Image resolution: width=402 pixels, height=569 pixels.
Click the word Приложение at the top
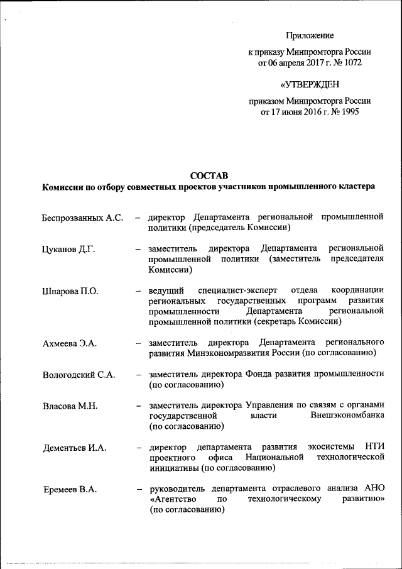pyautogui.click(x=310, y=36)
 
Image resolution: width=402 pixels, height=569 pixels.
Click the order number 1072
pyautogui.click(x=351, y=63)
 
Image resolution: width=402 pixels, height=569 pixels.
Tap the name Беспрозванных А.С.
pyautogui.click(x=82, y=218)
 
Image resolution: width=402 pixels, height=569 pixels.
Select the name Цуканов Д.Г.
pyautogui.click(x=68, y=249)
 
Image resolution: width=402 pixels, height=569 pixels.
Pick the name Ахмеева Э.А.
pyautogui.click(x=69, y=343)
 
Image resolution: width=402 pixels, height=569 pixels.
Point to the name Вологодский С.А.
pyautogui.click(x=79, y=374)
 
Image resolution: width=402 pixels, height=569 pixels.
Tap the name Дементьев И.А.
pyautogui.click(x=74, y=448)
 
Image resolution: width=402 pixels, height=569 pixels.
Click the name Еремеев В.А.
pyautogui.click(x=70, y=490)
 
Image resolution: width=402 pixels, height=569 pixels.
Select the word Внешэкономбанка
pyautogui.click(x=347, y=416)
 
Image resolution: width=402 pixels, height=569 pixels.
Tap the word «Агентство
pyautogui.click(x=173, y=499)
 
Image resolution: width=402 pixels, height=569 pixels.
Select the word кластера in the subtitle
pyautogui.click(x=356, y=187)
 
